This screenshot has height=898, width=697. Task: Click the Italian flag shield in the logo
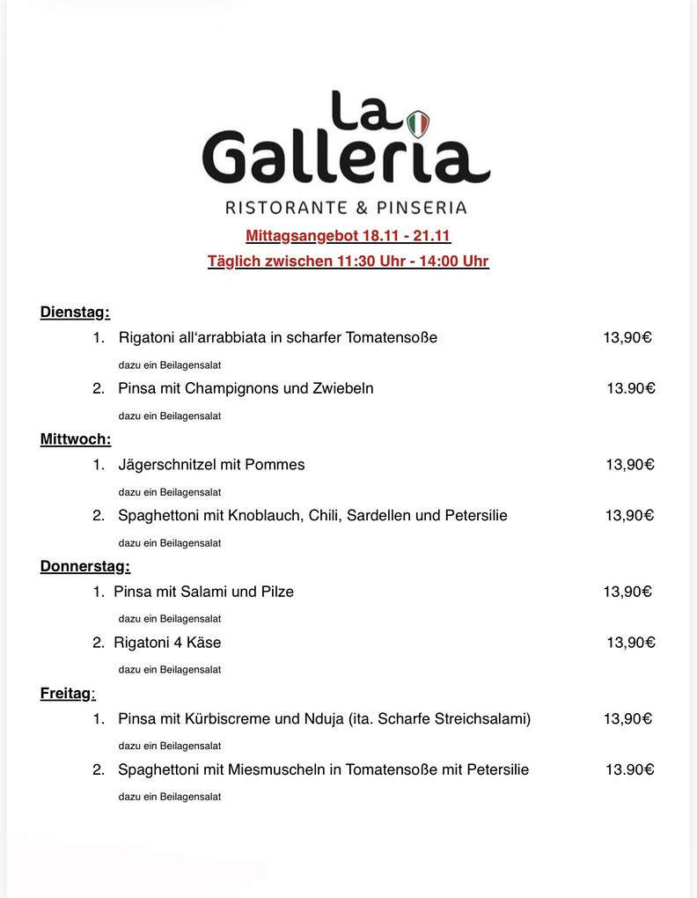[418, 124]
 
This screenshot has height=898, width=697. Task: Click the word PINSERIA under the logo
[421, 209]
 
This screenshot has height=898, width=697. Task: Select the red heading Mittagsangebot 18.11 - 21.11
[348, 236]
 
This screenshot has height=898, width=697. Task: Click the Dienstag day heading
[74, 312]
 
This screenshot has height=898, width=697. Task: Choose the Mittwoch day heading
[75, 438]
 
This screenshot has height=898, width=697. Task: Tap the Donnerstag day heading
[84, 566]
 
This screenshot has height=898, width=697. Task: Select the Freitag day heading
[66, 693]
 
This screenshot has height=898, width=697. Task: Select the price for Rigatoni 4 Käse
[631, 643]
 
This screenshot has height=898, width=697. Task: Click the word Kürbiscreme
[228, 718]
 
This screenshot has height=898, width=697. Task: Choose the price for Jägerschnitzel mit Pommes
[630, 465]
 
